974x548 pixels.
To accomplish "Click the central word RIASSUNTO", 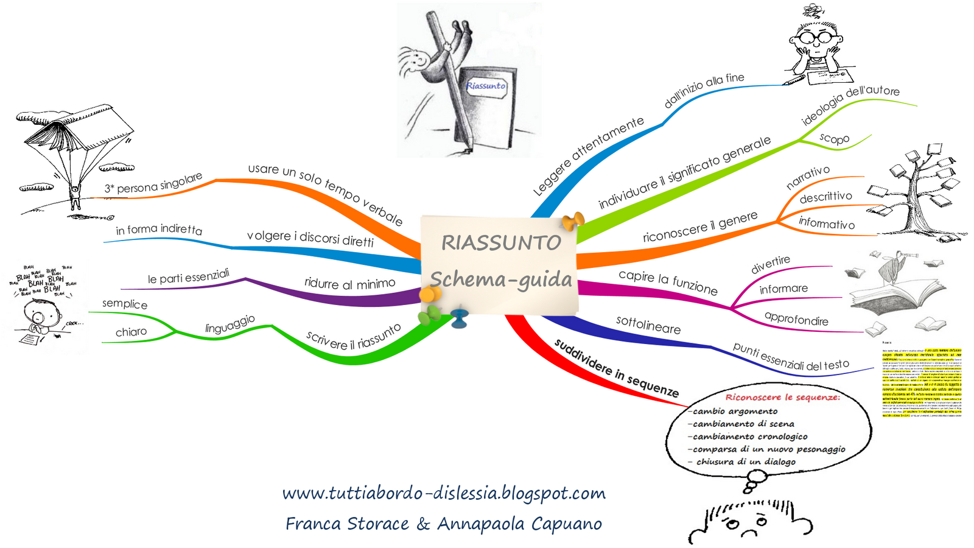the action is coord(500,242).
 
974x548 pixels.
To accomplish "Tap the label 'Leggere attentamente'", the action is coord(588,156).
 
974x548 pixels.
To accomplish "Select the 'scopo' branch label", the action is coord(834,138).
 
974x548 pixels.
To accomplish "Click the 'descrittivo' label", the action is coord(825,197).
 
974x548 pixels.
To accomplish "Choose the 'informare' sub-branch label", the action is coord(783,289).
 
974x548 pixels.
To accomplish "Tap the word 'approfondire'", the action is coord(796,319).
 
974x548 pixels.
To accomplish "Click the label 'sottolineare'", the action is coord(648,325).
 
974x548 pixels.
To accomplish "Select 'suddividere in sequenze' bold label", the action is coord(616,368).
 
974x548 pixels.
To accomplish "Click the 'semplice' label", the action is coord(125,304).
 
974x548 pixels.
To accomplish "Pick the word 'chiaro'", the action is coord(131,332).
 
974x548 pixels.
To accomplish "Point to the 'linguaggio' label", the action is coord(229,325).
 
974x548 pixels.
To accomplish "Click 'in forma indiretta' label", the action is coord(159,230).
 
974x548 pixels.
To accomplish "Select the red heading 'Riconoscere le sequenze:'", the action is coord(782,397).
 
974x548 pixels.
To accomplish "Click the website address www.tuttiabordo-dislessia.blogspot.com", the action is coord(444,493).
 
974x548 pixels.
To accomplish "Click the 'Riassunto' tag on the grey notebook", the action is coord(486,86).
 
